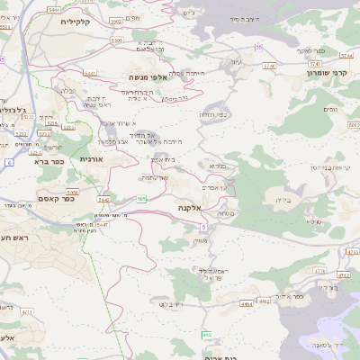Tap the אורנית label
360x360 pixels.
(91, 158)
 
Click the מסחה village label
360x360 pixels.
(226, 212)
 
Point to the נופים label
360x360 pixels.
(329, 109)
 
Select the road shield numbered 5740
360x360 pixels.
(314, 64)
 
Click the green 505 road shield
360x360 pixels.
(142, 198)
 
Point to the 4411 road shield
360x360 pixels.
(27, 311)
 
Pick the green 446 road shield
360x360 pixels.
(207, 335)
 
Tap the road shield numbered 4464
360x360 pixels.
(245, 303)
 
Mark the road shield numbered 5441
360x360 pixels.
(90, 73)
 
